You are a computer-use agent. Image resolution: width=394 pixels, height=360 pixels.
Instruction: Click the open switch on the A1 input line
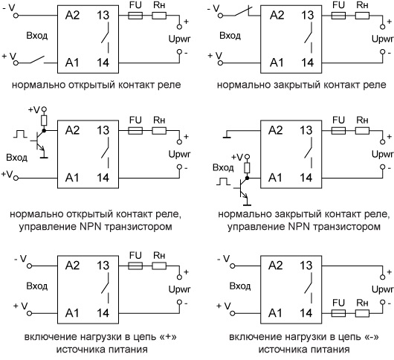pos(38,60)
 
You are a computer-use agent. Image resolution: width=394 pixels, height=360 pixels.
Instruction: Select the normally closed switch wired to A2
pos(242,12)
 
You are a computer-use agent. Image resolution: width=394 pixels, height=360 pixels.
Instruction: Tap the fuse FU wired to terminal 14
pos(338,313)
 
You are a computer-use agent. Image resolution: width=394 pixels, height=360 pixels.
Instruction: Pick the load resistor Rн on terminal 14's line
pos(362,313)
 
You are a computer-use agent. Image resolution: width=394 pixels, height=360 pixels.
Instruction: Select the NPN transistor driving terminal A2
pos(39,141)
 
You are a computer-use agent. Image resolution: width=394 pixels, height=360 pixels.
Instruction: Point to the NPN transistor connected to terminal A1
pos(242,188)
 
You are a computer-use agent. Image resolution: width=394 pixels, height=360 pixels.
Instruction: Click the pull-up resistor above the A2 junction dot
pos(44,120)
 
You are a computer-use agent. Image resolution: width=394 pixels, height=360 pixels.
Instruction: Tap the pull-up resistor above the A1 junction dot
pos(248,168)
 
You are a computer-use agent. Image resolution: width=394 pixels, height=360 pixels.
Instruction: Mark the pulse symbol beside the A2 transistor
pos(20,134)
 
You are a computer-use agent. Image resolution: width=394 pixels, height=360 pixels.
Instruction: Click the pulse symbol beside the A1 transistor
pos(223,181)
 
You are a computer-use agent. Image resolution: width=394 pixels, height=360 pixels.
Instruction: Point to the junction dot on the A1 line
pos(248,178)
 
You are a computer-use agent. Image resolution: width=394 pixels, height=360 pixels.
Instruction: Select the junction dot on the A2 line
pos(44,130)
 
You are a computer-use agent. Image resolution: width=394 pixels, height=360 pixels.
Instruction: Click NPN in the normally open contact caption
pos(91,227)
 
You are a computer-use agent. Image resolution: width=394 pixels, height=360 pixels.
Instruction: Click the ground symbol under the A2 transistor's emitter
pos(44,158)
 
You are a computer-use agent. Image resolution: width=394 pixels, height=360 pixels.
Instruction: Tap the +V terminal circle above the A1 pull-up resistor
pos(248,157)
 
